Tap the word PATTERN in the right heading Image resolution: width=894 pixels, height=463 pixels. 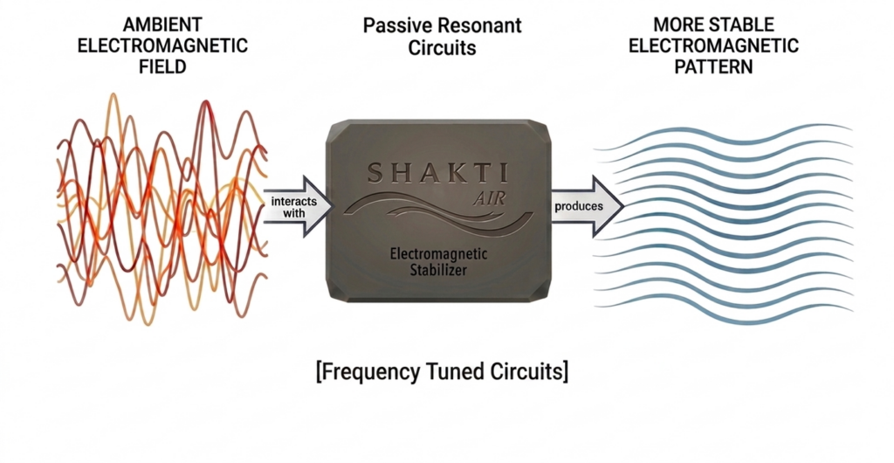[x=713, y=66]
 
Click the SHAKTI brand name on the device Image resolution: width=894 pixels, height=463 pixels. [x=437, y=172]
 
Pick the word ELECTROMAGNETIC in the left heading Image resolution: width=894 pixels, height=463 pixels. [x=162, y=45]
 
